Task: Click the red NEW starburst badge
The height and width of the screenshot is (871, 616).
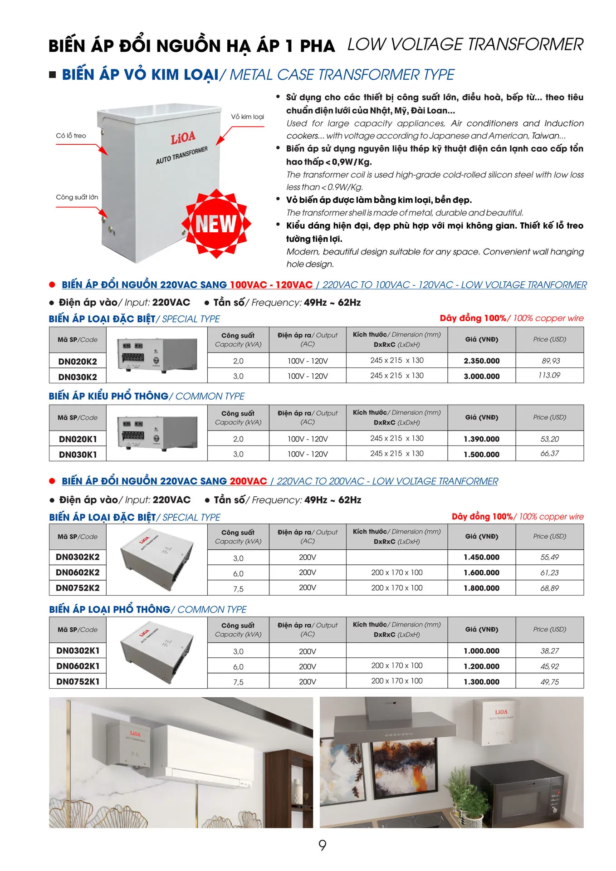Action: [x=216, y=223]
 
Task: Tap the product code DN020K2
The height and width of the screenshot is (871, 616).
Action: [x=78, y=362]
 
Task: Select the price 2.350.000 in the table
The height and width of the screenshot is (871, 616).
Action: [x=481, y=361]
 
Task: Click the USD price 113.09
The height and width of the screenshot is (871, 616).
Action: [x=549, y=375]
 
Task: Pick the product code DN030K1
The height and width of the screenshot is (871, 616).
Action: [x=78, y=455]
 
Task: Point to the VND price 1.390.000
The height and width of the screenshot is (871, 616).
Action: [x=481, y=439]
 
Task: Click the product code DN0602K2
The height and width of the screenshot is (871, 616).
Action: [x=78, y=573]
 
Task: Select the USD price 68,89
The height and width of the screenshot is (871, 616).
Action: [x=549, y=588]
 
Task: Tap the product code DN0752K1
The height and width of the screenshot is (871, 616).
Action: [x=78, y=681]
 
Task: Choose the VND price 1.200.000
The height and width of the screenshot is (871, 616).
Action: [x=481, y=666]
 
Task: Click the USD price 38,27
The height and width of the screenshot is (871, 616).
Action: [x=549, y=651]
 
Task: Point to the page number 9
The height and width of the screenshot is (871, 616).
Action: [x=322, y=845]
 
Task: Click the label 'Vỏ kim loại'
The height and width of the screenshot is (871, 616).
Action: [x=247, y=117]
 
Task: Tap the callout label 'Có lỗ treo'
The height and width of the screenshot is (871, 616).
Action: [x=71, y=136]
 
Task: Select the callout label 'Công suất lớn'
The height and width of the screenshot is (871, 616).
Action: [x=77, y=197]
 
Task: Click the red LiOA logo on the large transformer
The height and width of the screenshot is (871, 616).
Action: [x=183, y=137]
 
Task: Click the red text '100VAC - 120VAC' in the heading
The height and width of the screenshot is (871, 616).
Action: [x=271, y=285]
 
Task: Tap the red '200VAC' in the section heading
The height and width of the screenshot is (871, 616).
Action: [x=248, y=481]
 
